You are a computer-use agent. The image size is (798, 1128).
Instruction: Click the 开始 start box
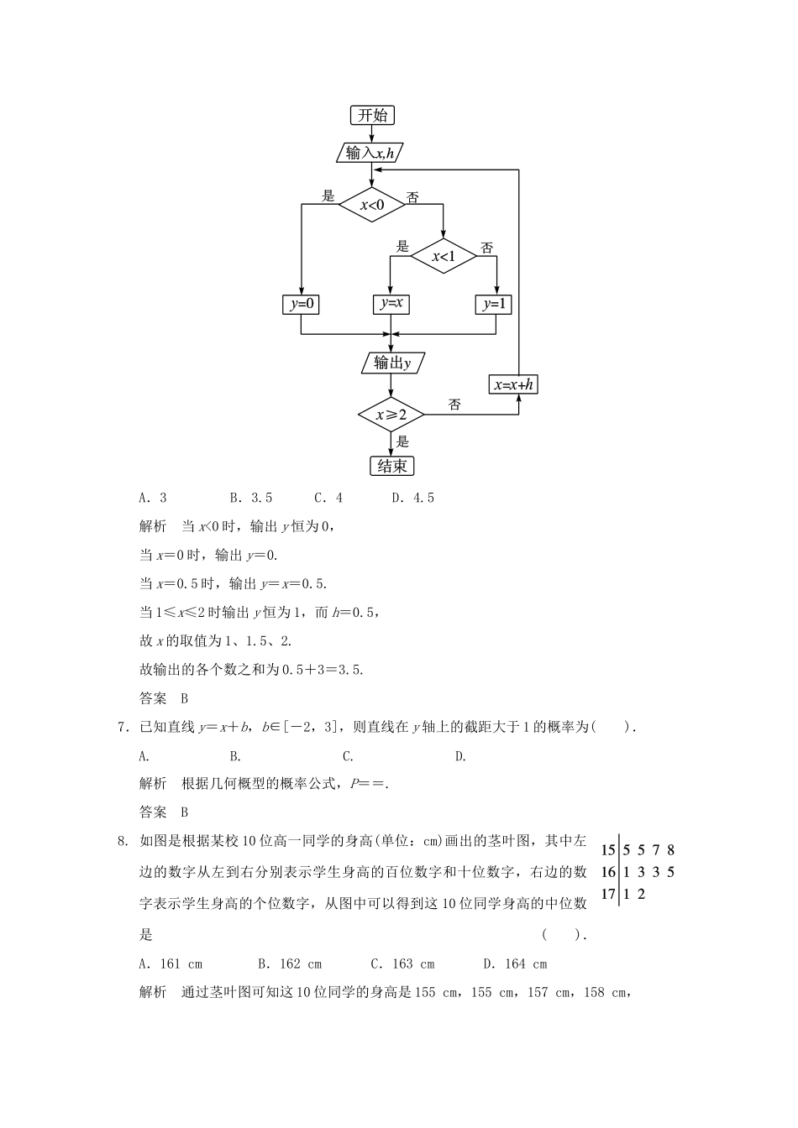coord(372,115)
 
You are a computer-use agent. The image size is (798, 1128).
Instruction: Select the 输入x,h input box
coord(370,153)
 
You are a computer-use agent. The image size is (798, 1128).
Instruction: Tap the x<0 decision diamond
coord(372,204)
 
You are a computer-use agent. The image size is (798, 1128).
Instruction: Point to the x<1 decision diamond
coord(443,256)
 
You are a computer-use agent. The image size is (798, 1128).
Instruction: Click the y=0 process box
coord(301,304)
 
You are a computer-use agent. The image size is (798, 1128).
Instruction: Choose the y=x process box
coord(391,304)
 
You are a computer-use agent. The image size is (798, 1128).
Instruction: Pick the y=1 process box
coord(494,304)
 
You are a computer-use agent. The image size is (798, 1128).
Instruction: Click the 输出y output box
coord(392,363)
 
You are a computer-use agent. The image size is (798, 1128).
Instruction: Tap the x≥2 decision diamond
coord(391,415)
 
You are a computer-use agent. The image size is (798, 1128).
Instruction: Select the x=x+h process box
coord(514,384)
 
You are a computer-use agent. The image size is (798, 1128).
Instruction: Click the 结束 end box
coord(392,466)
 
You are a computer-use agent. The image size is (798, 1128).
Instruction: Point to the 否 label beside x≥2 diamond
coord(454,405)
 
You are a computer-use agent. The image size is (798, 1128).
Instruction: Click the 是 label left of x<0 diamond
coord(328,196)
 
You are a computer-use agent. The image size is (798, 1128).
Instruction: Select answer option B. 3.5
coord(250,498)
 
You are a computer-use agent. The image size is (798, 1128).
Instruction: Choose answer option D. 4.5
coord(412,498)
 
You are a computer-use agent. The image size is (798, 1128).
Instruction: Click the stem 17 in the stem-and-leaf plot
coord(608,894)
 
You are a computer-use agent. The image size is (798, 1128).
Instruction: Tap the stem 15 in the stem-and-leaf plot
coord(608,850)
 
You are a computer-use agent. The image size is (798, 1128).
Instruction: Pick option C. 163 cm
coord(402,964)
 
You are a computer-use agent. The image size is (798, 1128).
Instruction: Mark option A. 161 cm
coord(171,964)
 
